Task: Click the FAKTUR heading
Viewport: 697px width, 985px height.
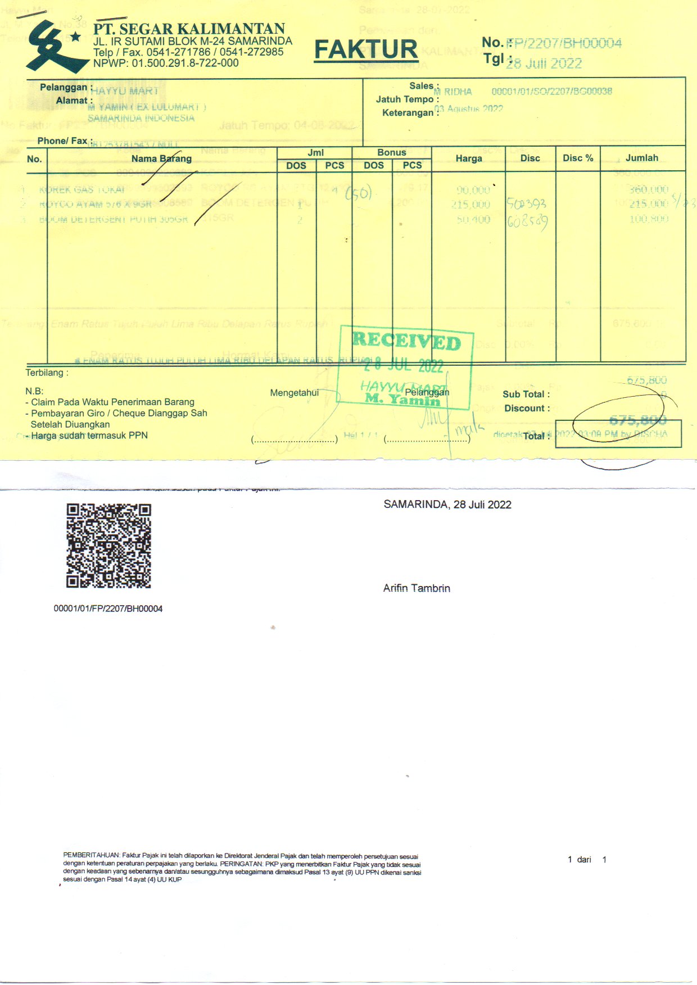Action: [x=365, y=49]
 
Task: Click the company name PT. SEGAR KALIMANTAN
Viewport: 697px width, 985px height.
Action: [x=189, y=29]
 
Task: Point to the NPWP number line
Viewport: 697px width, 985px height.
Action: [x=166, y=63]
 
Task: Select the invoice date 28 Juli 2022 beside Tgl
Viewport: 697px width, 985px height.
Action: [x=544, y=63]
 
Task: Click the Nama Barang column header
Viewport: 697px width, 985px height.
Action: [x=161, y=158]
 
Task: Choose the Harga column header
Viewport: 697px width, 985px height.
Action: [x=469, y=158]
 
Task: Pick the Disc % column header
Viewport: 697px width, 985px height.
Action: [x=578, y=158]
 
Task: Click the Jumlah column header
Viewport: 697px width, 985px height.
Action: [x=642, y=158]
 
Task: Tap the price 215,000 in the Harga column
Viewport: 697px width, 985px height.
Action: [x=470, y=205]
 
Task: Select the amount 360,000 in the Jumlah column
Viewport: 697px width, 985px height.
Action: [x=649, y=190]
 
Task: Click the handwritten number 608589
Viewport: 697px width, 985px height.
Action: [x=527, y=221]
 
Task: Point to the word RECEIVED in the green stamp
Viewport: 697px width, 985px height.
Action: [x=406, y=341]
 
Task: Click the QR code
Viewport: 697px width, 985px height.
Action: [x=108, y=546]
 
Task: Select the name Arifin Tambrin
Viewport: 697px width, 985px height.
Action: [x=417, y=588]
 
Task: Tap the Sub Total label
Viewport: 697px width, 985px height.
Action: [x=526, y=394]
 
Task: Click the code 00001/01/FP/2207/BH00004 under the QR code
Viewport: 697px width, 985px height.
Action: [x=108, y=609]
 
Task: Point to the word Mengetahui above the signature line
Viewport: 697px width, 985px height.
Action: [x=294, y=393]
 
